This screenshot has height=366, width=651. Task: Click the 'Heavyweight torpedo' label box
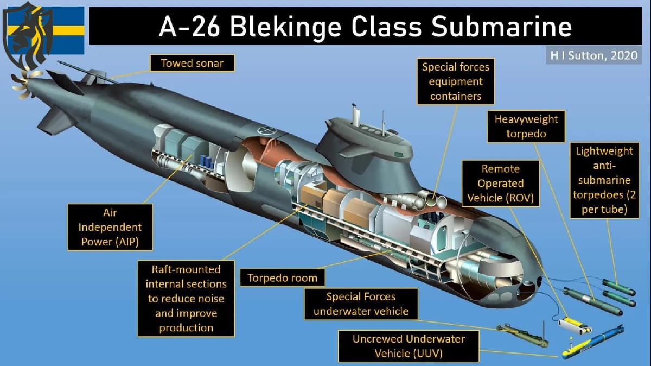[526, 127]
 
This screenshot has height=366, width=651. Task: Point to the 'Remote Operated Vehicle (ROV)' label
[500, 183]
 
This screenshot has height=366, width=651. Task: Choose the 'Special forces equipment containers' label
[456, 81]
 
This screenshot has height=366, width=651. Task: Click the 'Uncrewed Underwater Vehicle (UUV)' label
[409, 346]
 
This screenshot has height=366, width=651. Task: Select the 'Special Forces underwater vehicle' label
[361, 304]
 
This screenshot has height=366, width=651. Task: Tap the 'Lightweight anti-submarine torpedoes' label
[604, 180]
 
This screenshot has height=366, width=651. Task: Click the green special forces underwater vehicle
[521, 333]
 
